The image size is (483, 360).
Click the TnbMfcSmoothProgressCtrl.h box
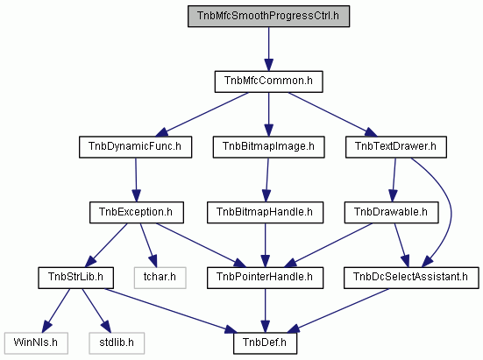pyautogui.click(x=268, y=16)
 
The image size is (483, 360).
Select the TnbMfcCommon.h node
pyautogui.click(x=268, y=81)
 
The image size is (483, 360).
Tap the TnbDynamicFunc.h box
pyautogui.click(x=135, y=147)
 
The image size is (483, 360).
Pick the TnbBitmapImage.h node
pyautogui.click(x=268, y=147)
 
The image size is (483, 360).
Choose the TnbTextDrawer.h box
pyautogui.click(x=396, y=147)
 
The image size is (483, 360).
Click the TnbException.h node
pyautogui.click(x=137, y=212)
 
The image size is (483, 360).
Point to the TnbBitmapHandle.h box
pyautogui.click(x=265, y=212)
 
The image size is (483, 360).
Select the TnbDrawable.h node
pyautogui.click(x=391, y=212)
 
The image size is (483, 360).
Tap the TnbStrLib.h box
pyautogui.click(x=75, y=278)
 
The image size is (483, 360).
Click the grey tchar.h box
pyautogui.click(x=160, y=278)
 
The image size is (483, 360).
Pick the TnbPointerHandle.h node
pyautogui.click(x=265, y=278)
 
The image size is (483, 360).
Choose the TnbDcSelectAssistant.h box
pyautogui.click(x=411, y=278)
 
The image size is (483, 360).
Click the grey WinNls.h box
pyautogui.click(x=36, y=343)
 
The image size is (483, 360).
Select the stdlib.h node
pyautogui.click(x=117, y=343)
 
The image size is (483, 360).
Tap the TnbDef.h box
pyautogui.click(x=265, y=343)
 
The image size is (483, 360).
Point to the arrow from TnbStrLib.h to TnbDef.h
pyautogui.click(x=171, y=311)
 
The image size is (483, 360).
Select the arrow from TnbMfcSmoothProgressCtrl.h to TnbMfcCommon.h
pyautogui.click(x=268, y=49)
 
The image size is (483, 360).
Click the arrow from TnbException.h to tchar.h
pyautogui.click(x=148, y=245)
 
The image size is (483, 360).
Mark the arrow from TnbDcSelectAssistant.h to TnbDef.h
pyautogui.click(x=337, y=310)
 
